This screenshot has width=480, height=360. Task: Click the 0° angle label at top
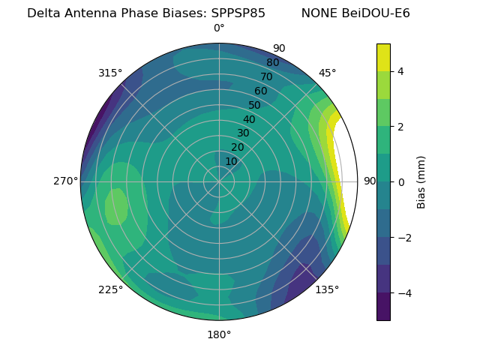click(x=219, y=28)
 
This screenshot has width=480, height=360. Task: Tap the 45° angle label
click(x=327, y=73)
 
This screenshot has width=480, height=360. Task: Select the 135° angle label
click(x=327, y=289)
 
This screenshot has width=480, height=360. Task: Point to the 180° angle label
click(x=219, y=334)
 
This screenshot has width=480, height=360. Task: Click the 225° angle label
click(x=110, y=289)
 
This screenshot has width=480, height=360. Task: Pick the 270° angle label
click(x=66, y=181)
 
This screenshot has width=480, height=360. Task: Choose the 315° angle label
click(x=110, y=73)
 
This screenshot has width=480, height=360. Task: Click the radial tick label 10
click(x=231, y=161)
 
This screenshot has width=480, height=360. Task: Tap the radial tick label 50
click(x=255, y=105)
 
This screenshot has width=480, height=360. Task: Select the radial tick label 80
click(x=272, y=62)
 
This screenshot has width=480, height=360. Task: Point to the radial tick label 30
click(x=243, y=133)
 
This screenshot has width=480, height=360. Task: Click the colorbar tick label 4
click(x=401, y=71)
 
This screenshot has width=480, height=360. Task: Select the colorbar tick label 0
click(x=401, y=182)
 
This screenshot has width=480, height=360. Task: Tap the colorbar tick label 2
click(x=401, y=127)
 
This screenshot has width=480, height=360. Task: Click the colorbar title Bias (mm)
click(x=421, y=181)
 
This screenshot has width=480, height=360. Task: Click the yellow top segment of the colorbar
click(x=383, y=57)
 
